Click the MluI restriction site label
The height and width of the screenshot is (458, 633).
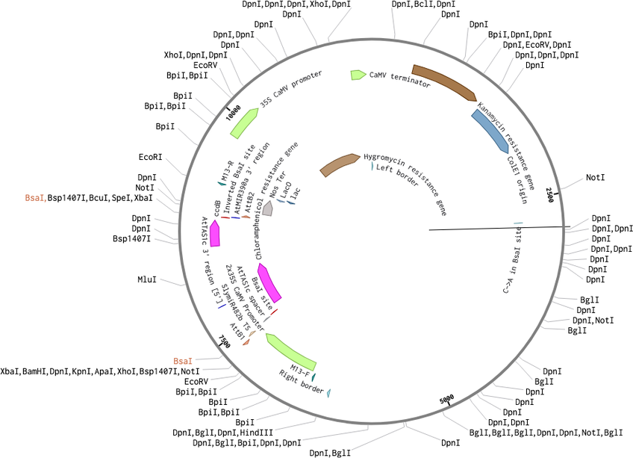pos(147,279)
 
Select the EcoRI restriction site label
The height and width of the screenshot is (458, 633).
pos(150,157)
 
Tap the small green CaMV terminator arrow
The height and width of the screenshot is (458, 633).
pos(357,75)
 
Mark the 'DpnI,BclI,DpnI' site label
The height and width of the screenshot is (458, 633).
pos(424,4)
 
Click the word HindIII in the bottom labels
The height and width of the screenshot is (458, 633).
pos(256,433)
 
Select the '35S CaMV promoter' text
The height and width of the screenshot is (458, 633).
pos(291,89)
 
